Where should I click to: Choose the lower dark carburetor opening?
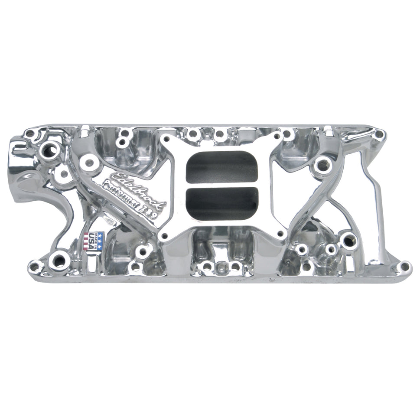(221, 204)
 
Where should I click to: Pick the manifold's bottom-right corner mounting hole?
(404, 266)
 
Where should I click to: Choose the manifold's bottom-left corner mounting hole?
(34, 265)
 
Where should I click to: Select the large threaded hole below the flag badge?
(58, 260)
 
